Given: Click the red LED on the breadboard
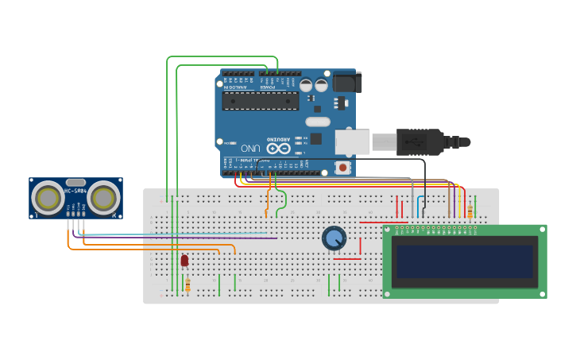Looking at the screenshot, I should point(184,260).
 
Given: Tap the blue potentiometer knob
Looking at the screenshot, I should point(334,237).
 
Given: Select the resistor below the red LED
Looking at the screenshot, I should point(187,285).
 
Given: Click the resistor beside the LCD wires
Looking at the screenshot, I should point(470,211).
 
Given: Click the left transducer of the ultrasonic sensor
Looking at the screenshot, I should point(47,197).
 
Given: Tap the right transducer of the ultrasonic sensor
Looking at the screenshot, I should point(104,197).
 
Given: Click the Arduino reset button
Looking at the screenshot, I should point(342,167).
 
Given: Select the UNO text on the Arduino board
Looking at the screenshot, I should point(250,148).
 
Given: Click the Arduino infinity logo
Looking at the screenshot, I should point(278,148).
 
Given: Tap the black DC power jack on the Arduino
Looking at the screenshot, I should point(346,82).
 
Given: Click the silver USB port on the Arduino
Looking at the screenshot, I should point(352,142).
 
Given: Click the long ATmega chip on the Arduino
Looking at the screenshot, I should point(261,100).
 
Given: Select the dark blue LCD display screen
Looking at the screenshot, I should point(465,260).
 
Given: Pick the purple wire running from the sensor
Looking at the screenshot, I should point(175,238).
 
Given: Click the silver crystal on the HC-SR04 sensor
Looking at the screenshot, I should point(75,182).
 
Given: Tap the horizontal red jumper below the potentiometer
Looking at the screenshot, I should point(346,259).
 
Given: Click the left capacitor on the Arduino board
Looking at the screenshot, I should point(307,84).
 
